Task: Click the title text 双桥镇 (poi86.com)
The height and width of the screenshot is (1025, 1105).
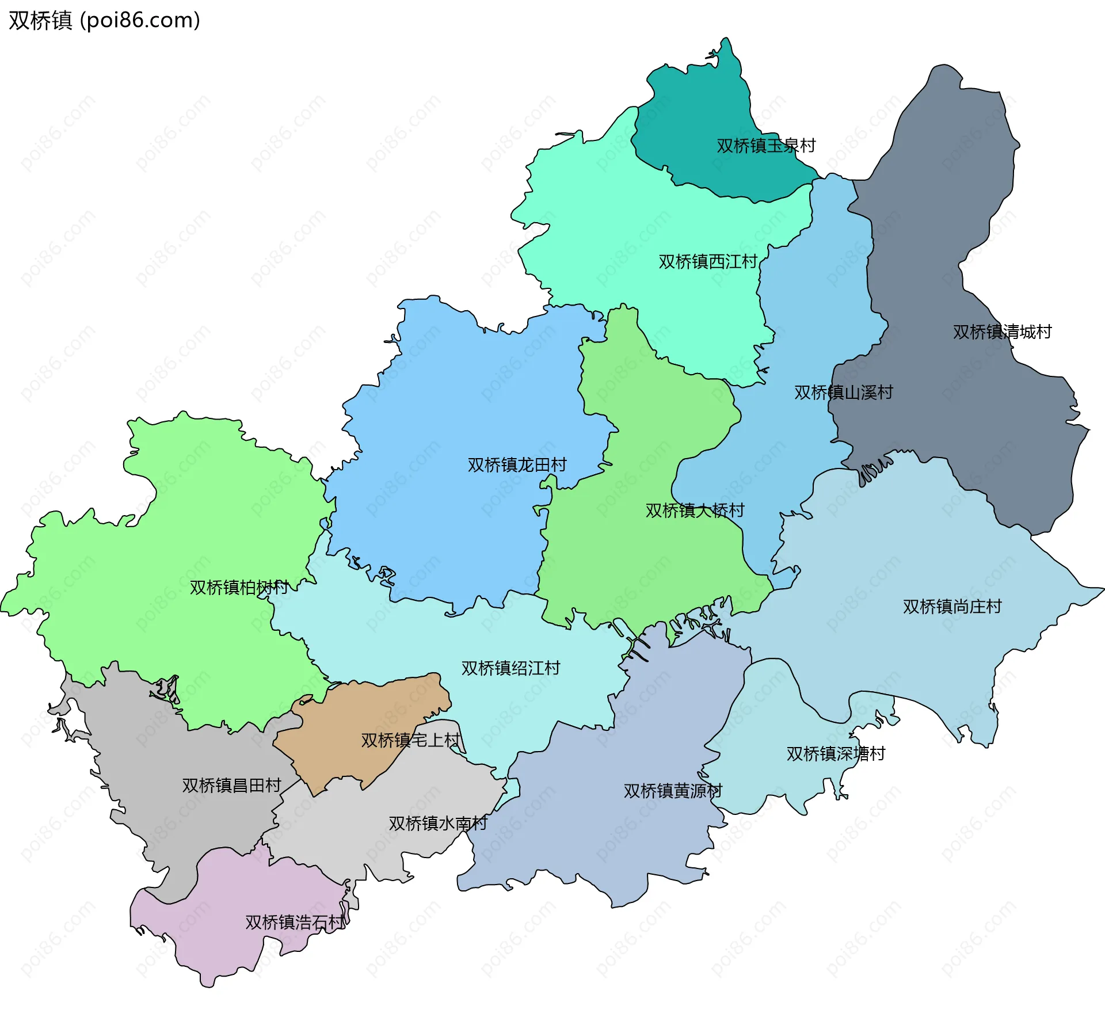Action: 104,20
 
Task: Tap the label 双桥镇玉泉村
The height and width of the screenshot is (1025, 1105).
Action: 765,145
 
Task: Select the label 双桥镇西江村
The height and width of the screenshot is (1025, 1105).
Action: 707,261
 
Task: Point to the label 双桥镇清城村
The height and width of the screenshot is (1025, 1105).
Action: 1001,331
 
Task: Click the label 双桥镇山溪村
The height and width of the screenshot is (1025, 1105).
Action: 843,392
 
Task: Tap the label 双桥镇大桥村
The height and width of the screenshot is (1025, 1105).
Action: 694,510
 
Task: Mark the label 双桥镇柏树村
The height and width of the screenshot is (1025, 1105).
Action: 239,587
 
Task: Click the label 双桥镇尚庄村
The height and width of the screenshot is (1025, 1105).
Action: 951,606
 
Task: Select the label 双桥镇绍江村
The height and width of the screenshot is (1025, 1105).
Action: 510,668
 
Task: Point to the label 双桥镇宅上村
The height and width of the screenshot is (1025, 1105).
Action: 410,740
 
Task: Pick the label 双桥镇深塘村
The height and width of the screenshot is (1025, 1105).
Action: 835,753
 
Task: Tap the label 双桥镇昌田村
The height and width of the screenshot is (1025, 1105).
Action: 231,785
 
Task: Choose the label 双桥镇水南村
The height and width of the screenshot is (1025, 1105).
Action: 437,823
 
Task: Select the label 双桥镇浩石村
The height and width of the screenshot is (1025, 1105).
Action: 295,922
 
